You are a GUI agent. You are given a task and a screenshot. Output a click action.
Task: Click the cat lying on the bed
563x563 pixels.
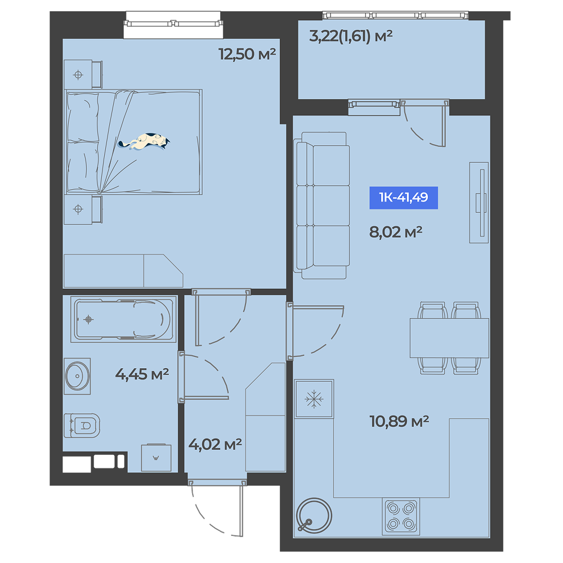(144, 141)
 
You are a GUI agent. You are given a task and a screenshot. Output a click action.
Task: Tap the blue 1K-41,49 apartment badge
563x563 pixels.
(404, 198)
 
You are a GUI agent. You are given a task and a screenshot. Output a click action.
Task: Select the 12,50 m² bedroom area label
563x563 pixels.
(247, 54)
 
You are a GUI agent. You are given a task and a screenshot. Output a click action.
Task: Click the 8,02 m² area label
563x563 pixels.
(396, 233)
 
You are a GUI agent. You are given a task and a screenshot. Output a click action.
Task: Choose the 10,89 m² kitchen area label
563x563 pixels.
(399, 421)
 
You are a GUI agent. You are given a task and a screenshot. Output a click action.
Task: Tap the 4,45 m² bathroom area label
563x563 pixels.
(142, 374)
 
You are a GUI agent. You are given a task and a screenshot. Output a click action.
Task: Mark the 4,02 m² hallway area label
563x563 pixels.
(215, 445)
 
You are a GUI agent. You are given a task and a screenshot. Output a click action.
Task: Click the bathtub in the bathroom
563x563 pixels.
(123, 319)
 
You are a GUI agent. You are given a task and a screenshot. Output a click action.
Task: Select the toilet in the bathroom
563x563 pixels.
(82, 426)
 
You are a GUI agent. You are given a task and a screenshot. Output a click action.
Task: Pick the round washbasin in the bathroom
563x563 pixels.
(78, 376)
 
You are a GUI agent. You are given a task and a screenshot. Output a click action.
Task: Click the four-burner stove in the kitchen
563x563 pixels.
(401, 516)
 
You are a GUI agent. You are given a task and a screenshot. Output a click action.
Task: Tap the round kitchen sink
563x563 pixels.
(314, 515)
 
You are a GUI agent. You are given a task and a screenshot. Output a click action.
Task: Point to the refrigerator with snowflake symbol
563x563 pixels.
(314, 399)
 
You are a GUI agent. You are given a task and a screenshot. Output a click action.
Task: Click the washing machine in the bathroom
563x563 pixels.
(156, 458)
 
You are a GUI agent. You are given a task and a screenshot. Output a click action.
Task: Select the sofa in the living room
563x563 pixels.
(321, 205)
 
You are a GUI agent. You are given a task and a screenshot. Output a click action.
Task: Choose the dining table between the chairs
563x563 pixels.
(449, 338)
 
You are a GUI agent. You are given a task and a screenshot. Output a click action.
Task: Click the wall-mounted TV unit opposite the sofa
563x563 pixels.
(479, 203)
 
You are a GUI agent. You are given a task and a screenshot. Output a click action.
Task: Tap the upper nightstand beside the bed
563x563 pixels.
(83, 74)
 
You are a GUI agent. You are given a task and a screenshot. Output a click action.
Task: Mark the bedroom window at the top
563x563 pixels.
(173, 24)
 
